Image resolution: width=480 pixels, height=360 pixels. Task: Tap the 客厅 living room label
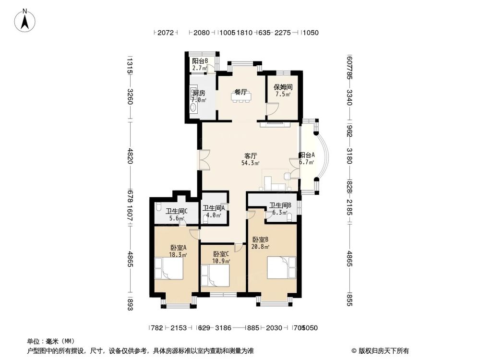251,159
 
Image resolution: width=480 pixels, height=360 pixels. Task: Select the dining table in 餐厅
240,97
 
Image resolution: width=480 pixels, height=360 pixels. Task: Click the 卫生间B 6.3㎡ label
278,209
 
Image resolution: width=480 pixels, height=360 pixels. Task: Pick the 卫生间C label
176,214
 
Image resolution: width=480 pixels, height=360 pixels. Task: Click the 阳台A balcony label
307,158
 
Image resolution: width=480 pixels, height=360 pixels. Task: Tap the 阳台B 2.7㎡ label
200,64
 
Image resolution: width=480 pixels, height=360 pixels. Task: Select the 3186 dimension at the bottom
223,328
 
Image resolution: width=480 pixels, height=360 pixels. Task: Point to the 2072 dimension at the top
165,33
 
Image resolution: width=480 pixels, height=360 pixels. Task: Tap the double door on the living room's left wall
204,160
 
